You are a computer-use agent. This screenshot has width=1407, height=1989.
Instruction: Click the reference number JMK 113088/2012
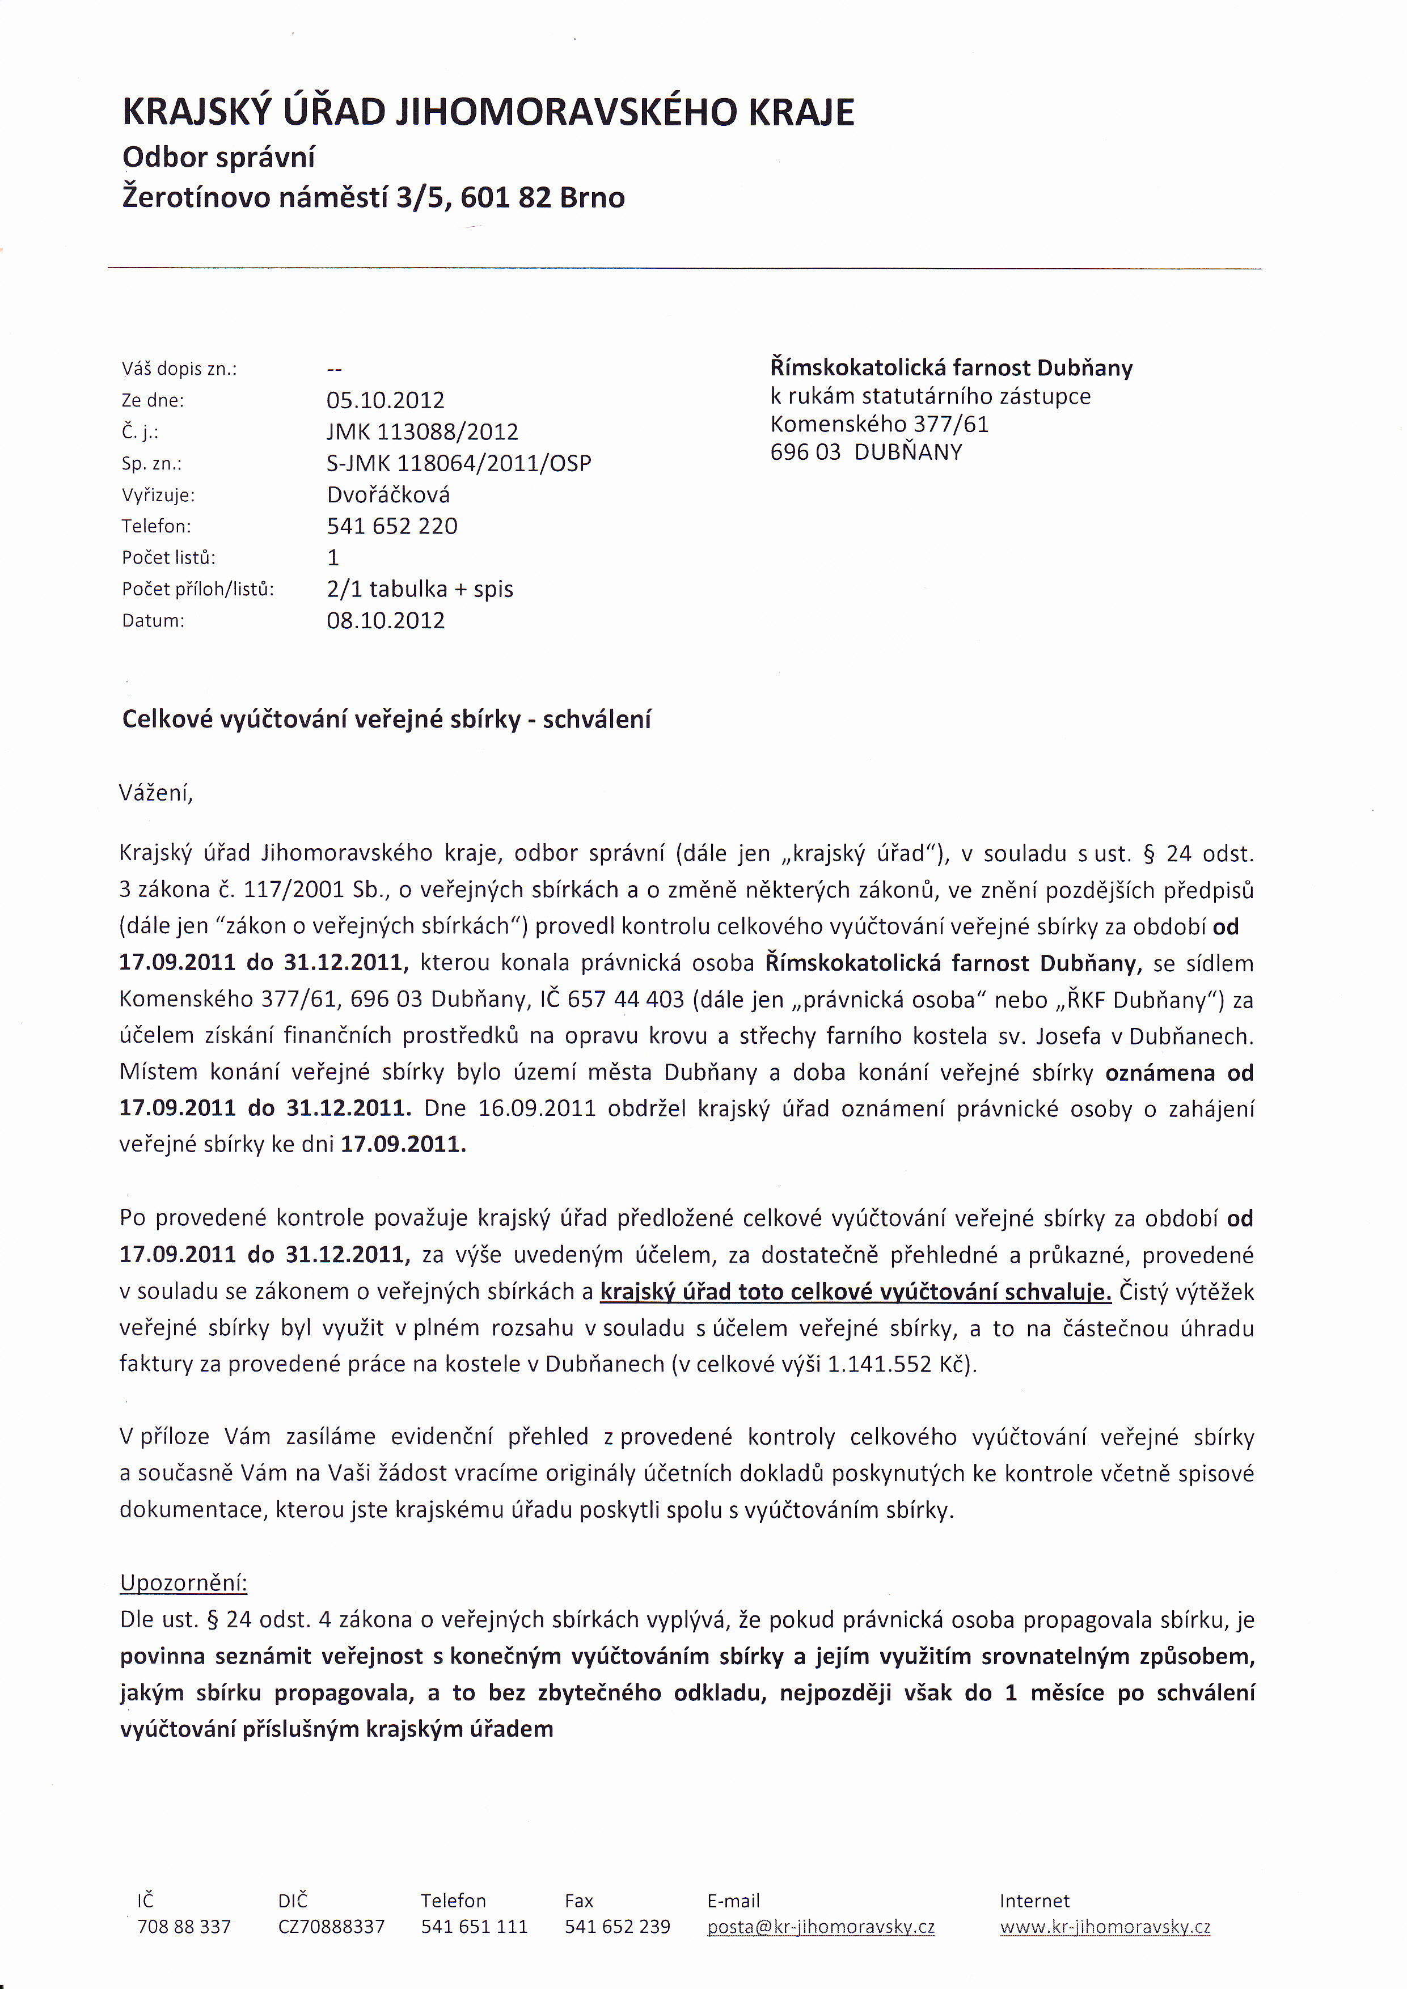click(x=422, y=431)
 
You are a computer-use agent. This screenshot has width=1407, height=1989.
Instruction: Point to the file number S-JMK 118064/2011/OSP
click(x=458, y=463)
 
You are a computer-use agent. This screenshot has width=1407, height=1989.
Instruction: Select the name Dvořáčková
click(x=387, y=494)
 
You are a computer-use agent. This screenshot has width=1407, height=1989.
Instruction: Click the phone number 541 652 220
click(x=392, y=526)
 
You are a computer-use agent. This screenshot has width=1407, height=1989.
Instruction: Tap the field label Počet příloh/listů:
click(x=197, y=589)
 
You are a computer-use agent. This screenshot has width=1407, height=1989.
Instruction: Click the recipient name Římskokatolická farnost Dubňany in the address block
click(x=950, y=367)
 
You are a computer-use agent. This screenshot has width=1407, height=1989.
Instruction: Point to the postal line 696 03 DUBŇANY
click(x=865, y=452)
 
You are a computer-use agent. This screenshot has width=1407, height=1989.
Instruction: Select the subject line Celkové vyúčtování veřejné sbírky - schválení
click(x=386, y=719)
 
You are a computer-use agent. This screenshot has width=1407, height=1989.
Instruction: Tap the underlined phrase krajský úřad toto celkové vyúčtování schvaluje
click(x=855, y=1292)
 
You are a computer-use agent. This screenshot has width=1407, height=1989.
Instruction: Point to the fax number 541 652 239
click(x=617, y=1927)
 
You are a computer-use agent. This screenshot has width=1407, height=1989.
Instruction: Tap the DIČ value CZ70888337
click(x=331, y=1927)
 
